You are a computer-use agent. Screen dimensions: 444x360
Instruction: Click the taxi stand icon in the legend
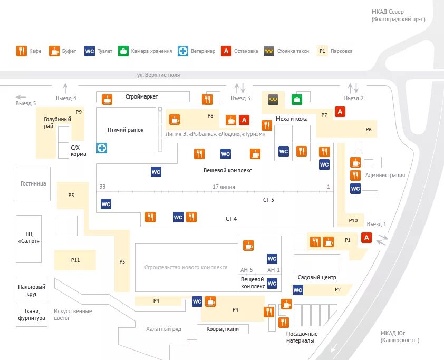pos(269,51)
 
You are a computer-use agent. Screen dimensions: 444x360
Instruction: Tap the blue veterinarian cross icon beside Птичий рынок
pos(101,148)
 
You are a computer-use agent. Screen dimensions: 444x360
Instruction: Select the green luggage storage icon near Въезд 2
pos(296,99)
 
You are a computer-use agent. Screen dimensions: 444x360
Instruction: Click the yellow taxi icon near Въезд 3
pos(273,99)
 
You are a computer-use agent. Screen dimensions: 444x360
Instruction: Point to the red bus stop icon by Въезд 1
pos(365,238)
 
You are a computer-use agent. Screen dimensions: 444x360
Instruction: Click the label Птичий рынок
pos(126,130)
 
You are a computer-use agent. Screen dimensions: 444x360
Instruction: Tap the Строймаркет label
pos(142,96)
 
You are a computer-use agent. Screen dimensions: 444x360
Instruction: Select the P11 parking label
pos(75,260)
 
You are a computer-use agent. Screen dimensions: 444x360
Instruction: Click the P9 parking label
pos(79,112)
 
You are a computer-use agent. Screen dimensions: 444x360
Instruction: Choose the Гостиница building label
pos(33,183)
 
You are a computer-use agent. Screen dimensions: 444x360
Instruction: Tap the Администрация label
pos(385,175)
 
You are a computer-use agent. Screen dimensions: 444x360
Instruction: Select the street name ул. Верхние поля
pos(158,75)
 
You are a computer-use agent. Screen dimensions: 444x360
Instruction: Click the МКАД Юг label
pos(400,336)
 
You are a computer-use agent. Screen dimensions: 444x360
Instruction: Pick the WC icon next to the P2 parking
pos(298,289)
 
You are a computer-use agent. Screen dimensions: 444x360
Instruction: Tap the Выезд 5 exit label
pos(26,103)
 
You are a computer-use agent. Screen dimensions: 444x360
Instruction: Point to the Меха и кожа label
pos(292,119)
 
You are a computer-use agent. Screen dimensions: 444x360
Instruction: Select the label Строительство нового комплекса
pos(186,267)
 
